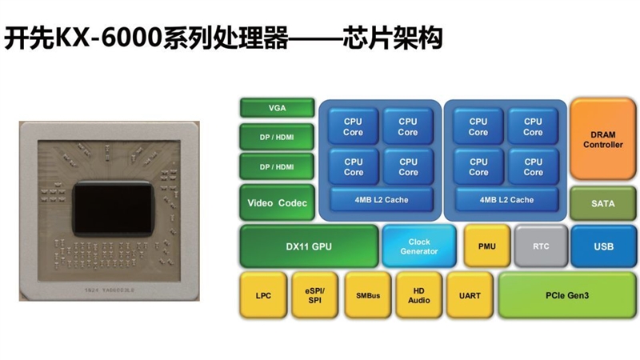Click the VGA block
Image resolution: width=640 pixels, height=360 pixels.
tap(277, 108)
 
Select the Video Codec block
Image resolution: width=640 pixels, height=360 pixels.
tap(277, 203)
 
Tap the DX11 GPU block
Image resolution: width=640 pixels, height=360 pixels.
tap(309, 246)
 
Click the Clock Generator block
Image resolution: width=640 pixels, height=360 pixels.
tap(419, 246)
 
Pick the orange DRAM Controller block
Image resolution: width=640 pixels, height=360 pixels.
tap(603, 139)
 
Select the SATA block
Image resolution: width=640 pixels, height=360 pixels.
tap(603, 203)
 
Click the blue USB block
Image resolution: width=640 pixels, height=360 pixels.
tap(603, 246)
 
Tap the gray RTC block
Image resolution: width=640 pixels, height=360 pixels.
tap(541, 246)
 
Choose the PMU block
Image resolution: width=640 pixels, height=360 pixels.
tap(486, 246)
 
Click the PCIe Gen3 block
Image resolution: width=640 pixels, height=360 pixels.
tap(566, 295)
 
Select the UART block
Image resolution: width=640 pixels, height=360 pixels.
tap(470, 295)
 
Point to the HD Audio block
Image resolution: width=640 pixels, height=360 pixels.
tap(419, 295)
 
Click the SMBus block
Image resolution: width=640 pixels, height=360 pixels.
tap(367, 295)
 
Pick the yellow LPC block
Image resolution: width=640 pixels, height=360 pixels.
tap(263, 295)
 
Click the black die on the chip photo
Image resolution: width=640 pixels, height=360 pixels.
tap(112, 203)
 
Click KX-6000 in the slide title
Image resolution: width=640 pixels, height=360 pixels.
tap(97, 38)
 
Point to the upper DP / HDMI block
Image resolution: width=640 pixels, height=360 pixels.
tap(277, 138)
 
